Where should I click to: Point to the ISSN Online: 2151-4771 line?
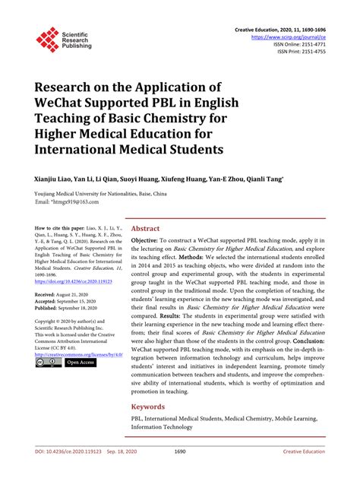coord(305,43)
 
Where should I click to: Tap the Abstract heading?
coord(145,227)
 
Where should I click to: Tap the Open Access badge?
coord(81,363)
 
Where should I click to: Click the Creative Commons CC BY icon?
coord(48,363)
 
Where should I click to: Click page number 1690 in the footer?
coord(180,472)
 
